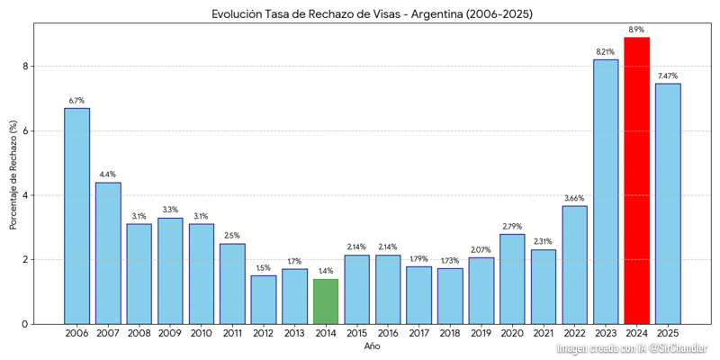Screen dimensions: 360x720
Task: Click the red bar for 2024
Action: (636, 180)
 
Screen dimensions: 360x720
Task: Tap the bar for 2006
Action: (76, 216)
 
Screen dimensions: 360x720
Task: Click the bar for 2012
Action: (264, 300)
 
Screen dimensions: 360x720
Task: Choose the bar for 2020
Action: (512, 279)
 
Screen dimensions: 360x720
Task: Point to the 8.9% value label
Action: (636, 30)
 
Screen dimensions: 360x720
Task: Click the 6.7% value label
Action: (76, 101)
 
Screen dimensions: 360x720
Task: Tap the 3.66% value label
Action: (574, 198)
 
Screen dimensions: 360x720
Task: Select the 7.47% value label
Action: (668, 76)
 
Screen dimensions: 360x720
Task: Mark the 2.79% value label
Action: (512, 226)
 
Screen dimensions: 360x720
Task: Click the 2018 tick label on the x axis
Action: (450, 334)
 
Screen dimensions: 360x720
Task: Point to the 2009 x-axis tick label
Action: (170, 334)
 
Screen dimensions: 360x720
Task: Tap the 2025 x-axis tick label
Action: (668, 334)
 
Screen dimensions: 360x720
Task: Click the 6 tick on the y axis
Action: (27, 130)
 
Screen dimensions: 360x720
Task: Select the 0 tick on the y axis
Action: (27, 324)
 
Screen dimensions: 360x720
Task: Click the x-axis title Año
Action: (372, 346)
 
